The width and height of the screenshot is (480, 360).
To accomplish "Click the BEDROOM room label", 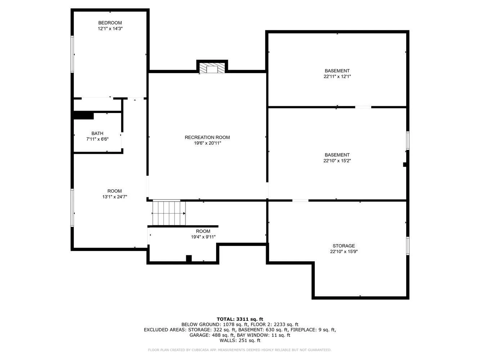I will [110, 23].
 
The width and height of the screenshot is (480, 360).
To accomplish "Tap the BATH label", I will [97, 134].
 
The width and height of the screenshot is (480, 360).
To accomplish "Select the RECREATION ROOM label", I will [207, 137].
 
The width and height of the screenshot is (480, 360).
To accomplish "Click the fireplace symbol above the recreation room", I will [212, 69].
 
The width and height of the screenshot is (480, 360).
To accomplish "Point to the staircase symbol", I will [169, 213].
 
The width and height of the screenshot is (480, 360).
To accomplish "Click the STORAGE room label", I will [344, 246].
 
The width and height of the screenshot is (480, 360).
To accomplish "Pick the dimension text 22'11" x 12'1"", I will [337, 76].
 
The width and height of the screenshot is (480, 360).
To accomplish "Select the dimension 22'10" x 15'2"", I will [337, 161].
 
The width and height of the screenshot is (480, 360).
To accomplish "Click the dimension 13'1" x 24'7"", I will [115, 197].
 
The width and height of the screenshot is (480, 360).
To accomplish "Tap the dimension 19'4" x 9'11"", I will [203, 237].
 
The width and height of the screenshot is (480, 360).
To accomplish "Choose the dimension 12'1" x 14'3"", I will [110, 28].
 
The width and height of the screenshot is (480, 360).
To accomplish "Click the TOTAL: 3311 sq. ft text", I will [240, 319].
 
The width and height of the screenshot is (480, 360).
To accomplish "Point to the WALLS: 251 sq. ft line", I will [240, 341].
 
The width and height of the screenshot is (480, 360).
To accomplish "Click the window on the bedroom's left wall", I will [72, 54].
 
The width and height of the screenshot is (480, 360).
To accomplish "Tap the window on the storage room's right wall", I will [408, 246].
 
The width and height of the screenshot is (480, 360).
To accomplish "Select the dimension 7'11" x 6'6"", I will [97, 139].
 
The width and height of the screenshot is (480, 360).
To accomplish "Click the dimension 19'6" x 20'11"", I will [207, 143].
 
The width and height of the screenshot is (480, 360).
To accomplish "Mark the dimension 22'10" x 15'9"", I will [344, 252].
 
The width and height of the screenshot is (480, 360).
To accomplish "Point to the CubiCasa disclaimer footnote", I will [240, 350].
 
